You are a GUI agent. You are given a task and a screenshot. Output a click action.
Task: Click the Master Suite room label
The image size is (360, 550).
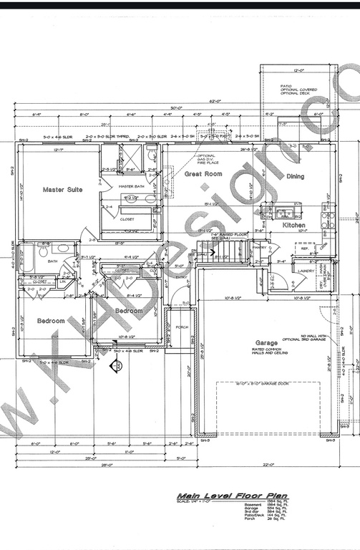click(x=62, y=190)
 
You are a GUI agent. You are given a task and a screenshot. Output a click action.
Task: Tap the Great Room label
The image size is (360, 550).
click(x=203, y=174)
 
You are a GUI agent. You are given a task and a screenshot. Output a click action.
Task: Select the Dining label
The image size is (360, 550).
click(x=295, y=176)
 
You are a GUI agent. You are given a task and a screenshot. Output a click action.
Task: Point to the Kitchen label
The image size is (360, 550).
click(x=293, y=226)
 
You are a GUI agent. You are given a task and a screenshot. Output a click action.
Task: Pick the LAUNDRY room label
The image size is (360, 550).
click(x=306, y=271)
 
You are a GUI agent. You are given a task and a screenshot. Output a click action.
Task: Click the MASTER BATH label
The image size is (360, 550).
click(x=132, y=186)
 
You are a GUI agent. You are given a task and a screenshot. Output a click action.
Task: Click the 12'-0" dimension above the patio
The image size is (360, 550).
click(x=298, y=70)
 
